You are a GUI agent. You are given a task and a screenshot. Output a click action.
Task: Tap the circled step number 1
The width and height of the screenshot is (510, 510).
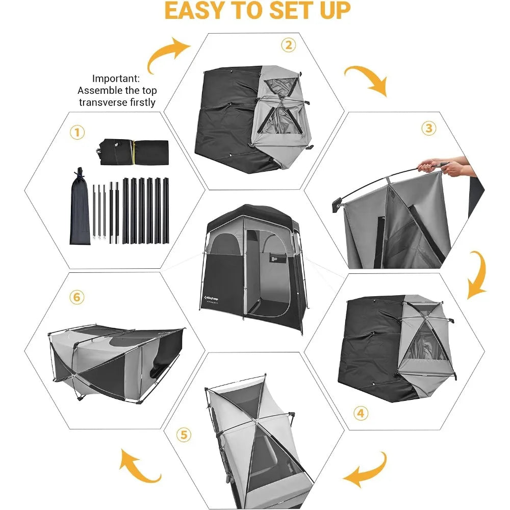tap(76, 133)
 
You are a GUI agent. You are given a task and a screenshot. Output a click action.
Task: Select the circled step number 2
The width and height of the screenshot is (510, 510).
tap(288, 45)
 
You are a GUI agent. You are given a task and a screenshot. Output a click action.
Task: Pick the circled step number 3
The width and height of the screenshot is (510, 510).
tap(428, 128)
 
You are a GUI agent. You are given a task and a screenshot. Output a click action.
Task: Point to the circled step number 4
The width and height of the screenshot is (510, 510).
tap(361, 413)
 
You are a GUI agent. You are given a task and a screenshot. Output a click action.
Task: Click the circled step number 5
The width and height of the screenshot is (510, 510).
tap(184, 435)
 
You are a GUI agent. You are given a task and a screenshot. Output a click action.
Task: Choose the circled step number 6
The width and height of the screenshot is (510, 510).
tap(76, 297)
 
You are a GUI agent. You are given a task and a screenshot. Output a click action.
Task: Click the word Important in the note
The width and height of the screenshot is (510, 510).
tap(115, 79)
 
